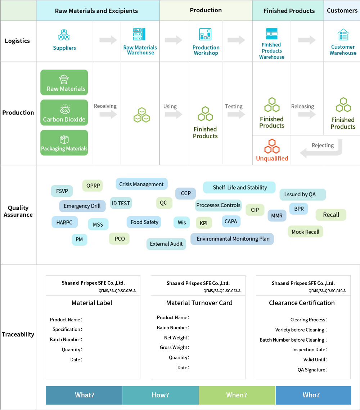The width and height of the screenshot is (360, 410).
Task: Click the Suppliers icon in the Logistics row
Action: (64, 35)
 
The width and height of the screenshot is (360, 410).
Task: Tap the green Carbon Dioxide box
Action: (64, 113)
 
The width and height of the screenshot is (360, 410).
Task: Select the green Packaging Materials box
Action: (64, 143)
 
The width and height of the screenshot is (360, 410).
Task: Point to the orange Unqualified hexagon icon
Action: (272, 146)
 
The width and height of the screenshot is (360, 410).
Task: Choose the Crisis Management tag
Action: (141, 184)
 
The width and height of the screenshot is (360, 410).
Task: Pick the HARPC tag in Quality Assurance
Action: (64, 222)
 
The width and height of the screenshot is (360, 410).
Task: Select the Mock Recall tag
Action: (305, 232)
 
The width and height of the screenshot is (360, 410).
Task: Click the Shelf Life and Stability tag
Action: (240, 187)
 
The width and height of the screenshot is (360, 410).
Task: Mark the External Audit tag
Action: (166, 244)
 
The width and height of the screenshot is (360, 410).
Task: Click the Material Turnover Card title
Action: (199, 303)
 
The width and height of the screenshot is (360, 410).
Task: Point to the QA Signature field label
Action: (312, 370)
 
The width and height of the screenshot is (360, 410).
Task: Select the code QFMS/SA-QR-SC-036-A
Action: (117, 291)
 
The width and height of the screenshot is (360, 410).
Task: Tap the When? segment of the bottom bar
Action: (237, 395)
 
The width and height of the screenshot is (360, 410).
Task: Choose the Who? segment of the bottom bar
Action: (311, 395)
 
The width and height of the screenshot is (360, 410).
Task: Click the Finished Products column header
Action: (289, 11)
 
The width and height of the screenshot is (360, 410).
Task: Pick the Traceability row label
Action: (18, 334)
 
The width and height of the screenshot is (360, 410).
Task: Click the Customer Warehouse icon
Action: (343, 35)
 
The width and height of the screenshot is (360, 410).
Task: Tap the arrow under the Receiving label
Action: (108, 115)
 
